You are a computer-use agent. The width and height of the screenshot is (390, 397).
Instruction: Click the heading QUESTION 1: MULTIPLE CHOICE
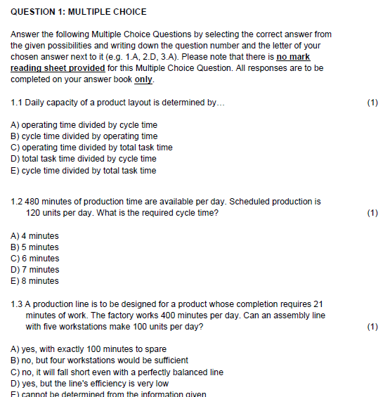(79, 12)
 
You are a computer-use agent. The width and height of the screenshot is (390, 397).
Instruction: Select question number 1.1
(17, 103)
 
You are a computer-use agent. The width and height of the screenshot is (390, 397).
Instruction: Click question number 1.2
(17, 202)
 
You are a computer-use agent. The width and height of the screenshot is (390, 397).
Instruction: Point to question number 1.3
(17, 304)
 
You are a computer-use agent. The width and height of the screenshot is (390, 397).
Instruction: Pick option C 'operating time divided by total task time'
(92, 148)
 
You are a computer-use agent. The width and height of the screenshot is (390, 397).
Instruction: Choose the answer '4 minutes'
(35, 236)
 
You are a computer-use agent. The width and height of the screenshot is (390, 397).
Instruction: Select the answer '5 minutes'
(35, 247)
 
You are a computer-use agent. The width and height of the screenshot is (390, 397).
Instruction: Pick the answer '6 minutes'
(35, 259)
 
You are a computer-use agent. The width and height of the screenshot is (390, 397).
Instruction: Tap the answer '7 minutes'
(35, 270)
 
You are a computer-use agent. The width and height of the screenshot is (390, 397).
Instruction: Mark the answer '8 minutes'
(35, 281)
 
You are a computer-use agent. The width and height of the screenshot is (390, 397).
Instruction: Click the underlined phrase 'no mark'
(293, 57)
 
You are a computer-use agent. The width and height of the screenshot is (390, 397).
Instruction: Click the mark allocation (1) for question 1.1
(372, 103)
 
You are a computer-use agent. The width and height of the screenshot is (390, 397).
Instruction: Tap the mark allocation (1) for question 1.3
(372, 327)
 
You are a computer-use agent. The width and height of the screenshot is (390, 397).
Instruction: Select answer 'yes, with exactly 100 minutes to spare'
(89, 349)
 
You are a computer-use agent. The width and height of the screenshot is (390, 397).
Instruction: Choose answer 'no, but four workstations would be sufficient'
(100, 360)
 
